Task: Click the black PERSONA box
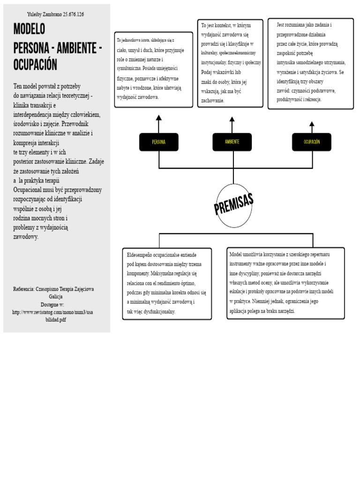click(x=159, y=142)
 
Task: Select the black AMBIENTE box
click(x=232, y=142)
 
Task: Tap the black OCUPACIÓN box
click(x=312, y=142)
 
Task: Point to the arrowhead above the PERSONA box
click(x=159, y=118)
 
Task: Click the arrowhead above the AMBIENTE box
click(x=232, y=119)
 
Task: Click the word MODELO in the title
click(x=29, y=30)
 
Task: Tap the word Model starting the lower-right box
click(x=236, y=254)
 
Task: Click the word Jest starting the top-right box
click(x=281, y=24)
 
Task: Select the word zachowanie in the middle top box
click(x=213, y=100)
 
